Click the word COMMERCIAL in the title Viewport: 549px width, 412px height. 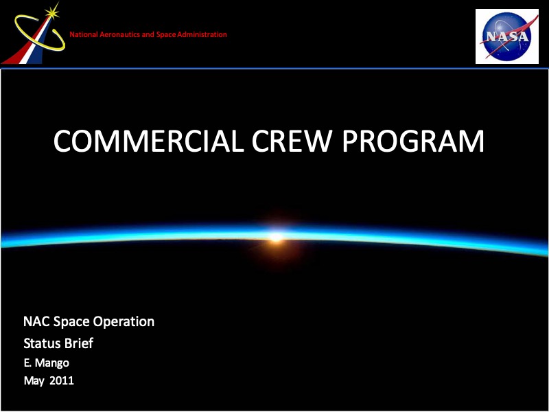tap(148, 141)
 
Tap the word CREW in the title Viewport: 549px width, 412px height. tap(291, 141)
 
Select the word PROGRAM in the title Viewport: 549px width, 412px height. tap(413, 141)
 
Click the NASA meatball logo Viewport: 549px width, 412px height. tap(507, 36)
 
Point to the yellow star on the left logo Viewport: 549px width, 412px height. tap(52, 12)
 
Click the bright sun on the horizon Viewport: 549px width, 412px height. tap(276, 237)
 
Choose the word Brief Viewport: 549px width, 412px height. tap(80, 343)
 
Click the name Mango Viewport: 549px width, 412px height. tap(52, 363)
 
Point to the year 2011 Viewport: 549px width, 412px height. tap(62, 380)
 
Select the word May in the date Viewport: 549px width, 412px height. tap(34, 381)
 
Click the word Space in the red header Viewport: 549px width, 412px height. tap(166, 35)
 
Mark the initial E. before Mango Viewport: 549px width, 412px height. tap(27, 363)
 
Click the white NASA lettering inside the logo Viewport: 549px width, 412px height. tap(506, 36)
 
